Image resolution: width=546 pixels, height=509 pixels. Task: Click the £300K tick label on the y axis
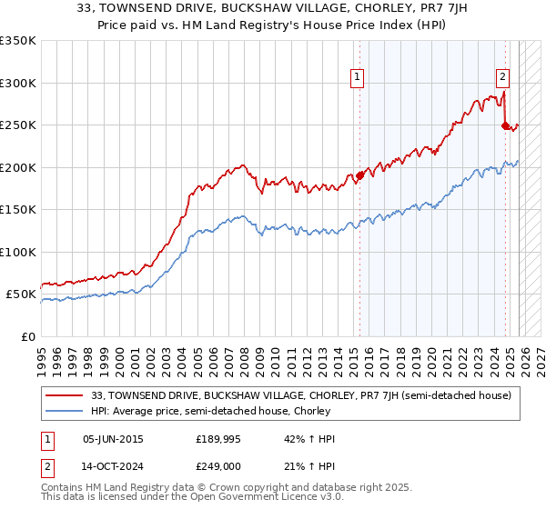tap(18, 83)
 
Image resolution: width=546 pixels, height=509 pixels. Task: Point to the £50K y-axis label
tap(21, 294)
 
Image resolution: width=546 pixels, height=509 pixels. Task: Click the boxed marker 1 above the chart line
tap(359, 78)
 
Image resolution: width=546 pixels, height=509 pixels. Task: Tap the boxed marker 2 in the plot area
tap(502, 78)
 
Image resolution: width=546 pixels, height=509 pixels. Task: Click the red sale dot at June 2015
tap(359, 175)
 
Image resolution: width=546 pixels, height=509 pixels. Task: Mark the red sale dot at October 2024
tap(505, 126)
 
